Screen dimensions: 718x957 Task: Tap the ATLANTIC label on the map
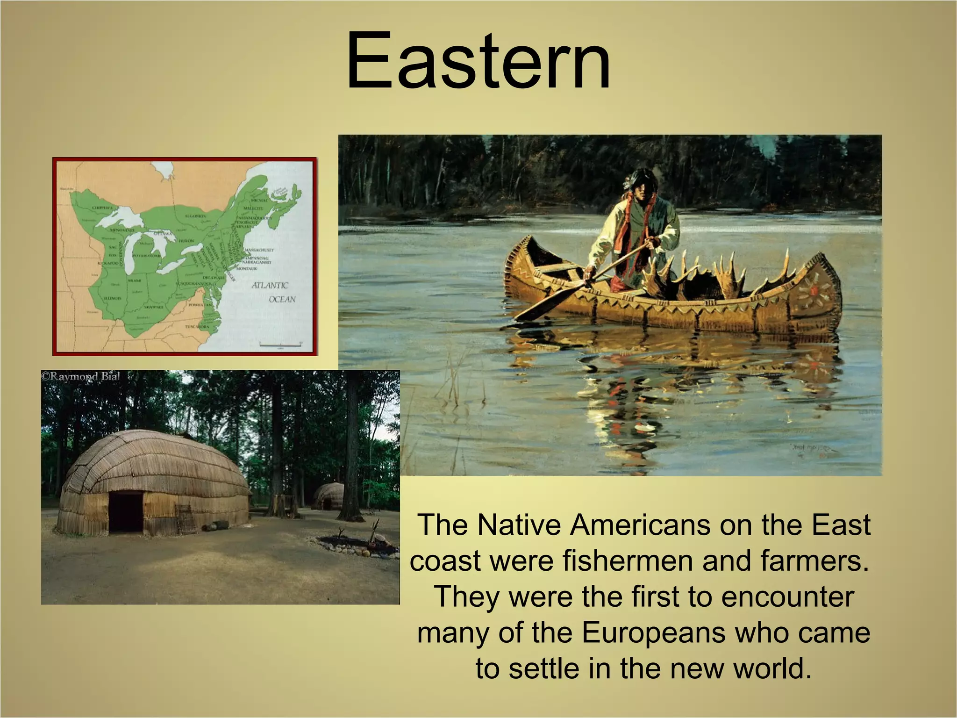(x=270, y=285)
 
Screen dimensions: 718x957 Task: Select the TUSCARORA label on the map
(x=197, y=327)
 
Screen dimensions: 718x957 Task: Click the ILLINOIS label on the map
(x=113, y=298)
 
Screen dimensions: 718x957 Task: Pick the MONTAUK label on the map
(x=245, y=269)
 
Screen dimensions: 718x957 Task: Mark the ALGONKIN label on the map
(x=193, y=216)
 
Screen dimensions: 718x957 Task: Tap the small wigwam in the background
(x=328, y=497)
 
